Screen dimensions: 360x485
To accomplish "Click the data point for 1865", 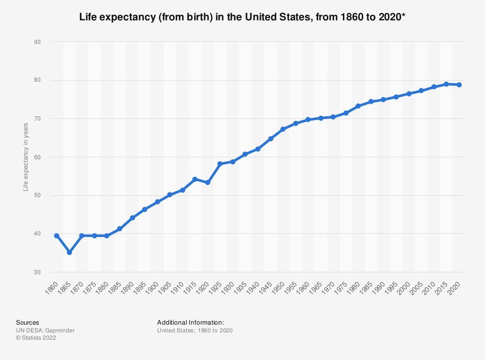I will (69, 252).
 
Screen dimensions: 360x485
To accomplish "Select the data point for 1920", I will (208, 183).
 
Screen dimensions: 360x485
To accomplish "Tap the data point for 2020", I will (459, 85).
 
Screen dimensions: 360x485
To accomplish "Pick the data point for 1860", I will (57, 235).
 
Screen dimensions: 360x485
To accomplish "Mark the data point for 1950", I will (283, 129).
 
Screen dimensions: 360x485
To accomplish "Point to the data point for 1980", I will (358, 106).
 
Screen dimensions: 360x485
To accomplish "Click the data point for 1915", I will (195, 179).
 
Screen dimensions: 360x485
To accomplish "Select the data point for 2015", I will (446, 84).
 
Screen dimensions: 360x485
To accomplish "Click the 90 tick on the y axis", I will (37, 42).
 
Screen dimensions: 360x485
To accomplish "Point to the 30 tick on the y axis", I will (37, 272).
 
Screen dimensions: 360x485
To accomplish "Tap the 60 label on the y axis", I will (37, 157).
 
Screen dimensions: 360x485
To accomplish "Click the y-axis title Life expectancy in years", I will (26, 157).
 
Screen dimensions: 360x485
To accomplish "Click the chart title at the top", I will (242, 17).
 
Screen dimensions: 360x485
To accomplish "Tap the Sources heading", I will (28, 322).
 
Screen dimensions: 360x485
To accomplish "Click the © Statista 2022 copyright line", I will (36, 338).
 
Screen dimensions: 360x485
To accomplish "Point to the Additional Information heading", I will (191, 322).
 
